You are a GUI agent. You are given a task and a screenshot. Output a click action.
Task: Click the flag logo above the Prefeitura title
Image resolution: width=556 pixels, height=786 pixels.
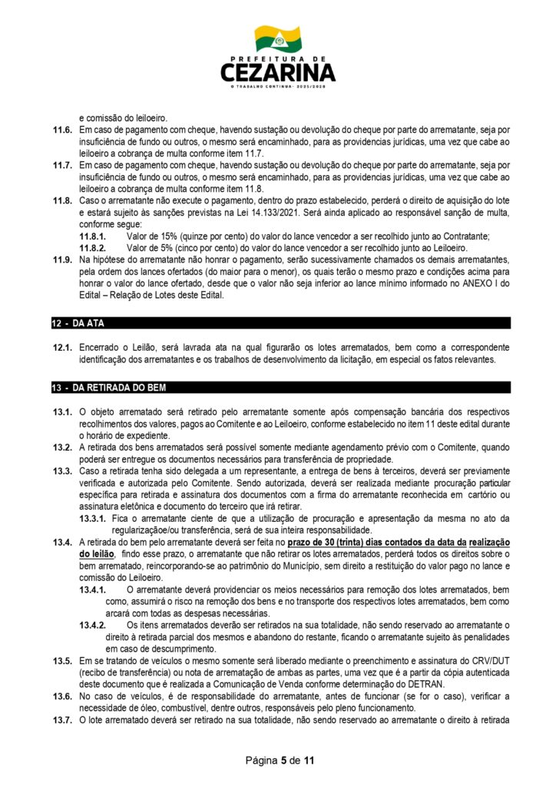(278, 38)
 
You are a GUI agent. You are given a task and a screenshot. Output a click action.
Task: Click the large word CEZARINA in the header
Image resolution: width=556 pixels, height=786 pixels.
(278, 73)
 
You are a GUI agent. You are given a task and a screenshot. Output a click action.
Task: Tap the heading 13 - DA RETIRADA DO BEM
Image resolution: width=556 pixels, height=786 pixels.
(103, 388)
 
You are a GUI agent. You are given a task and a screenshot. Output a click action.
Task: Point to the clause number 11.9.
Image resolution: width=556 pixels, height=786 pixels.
(62, 261)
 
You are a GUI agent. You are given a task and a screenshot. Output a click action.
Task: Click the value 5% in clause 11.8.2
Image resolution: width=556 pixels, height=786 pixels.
(157, 249)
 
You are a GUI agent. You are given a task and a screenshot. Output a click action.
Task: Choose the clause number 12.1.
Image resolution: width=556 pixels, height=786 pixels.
(62, 348)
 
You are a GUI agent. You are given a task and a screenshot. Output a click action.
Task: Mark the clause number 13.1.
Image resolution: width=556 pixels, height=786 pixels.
(62, 412)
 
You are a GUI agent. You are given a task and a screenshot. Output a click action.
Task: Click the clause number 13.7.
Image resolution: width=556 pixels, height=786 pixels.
(62, 724)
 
